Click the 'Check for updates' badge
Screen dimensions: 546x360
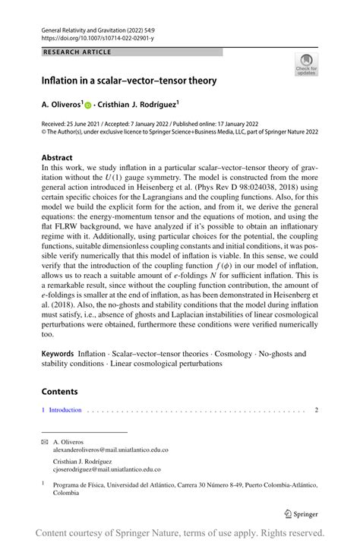307,65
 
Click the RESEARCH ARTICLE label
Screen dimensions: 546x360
78,52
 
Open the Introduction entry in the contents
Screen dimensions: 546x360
65,410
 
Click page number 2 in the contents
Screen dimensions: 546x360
316,410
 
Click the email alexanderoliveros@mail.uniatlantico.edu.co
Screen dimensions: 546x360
110,450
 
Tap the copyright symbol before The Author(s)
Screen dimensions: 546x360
44,130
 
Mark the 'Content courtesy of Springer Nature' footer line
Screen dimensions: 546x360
180,533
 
